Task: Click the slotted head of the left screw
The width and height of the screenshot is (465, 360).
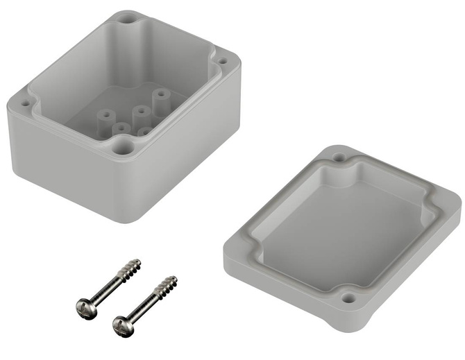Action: pyautogui.click(x=82, y=305)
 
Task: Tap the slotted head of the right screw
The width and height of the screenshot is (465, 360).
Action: pyautogui.click(x=121, y=323)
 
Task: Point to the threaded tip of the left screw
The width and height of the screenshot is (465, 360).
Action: pyautogui.click(x=133, y=266)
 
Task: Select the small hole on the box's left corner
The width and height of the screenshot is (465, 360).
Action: pyautogui.click(x=26, y=103)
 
